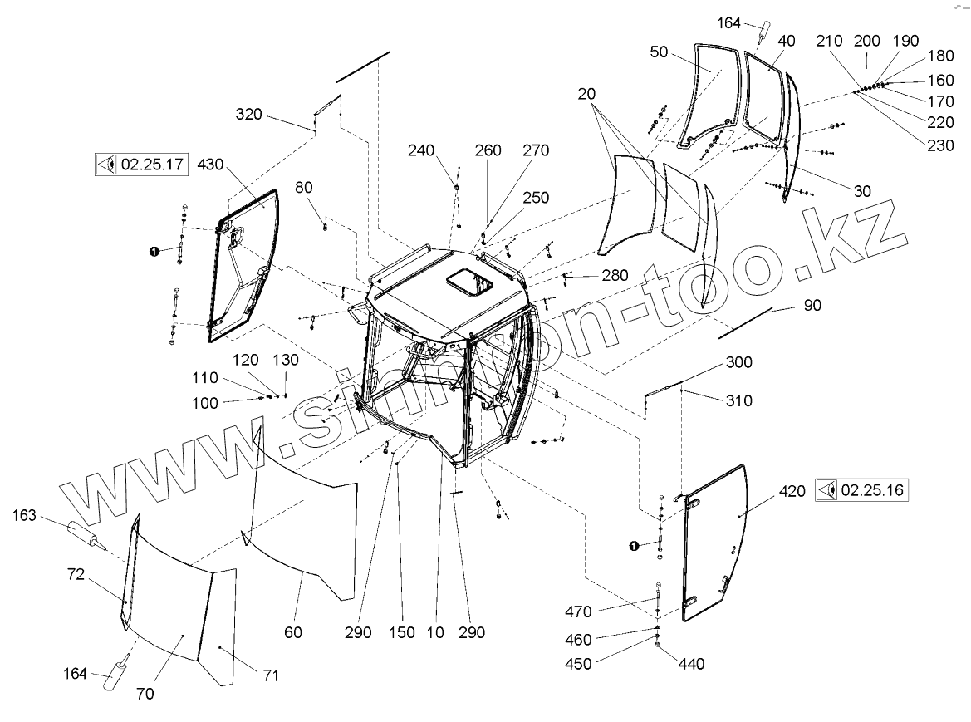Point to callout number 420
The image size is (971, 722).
[x=792, y=491]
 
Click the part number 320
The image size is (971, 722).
[x=248, y=114]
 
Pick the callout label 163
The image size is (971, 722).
[x=24, y=516]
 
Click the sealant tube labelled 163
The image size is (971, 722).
[x=84, y=534]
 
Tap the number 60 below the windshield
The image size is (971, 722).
[x=293, y=632]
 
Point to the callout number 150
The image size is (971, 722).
[x=402, y=632]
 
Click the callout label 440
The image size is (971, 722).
[x=691, y=664]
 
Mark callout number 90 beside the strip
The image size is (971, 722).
[x=812, y=306]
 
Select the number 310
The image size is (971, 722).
[x=738, y=400]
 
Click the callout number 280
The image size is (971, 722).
[x=615, y=276]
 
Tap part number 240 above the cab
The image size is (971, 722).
[x=421, y=150]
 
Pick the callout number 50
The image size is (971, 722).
[x=660, y=52]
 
